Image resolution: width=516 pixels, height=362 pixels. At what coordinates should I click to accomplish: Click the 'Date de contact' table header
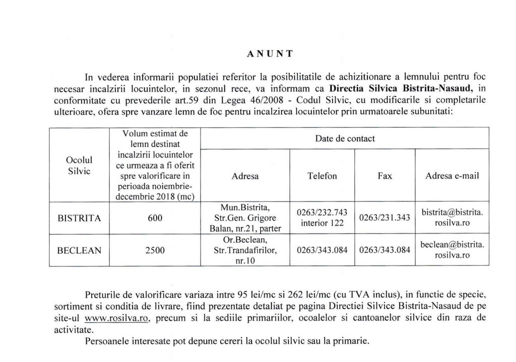[x=345, y=138]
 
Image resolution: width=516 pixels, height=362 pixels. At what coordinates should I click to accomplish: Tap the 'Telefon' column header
[x=322, y=176]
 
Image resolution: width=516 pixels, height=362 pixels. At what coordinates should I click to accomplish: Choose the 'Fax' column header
[x=384, y=176]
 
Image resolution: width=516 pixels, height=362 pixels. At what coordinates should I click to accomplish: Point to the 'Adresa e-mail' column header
[x=452, y=176]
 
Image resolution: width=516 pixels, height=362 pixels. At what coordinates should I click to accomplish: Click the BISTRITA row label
[x=80, y=219]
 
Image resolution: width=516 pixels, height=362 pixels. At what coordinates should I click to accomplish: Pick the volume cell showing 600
[x=155, y=219]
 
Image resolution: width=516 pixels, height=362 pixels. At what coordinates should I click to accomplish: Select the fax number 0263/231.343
[x=385, y=218]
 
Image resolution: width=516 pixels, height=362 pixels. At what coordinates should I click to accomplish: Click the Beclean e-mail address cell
[x=452, y=250]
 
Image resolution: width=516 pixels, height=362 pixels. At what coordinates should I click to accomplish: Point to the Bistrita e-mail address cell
[x=452, y=218]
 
